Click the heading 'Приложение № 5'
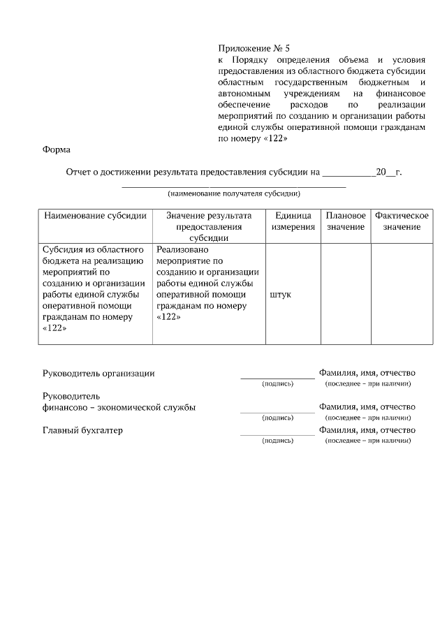(x=254, y=49)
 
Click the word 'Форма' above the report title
(x=57, y=149)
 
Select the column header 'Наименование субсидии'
(x=96, y=216)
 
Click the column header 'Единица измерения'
(x=293, y=221)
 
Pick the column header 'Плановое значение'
(x=346, y=221)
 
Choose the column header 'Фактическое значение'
(x=401, y=221)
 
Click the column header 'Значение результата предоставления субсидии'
(x=209, y=226)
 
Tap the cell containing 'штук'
(x=281, y=294)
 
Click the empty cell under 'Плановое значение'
(x=346, y=293)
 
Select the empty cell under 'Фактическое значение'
(x=401, y=293)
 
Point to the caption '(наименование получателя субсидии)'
(x=234, y=193)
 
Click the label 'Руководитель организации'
(x=98, y=373)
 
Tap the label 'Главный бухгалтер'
(x=83, y=430)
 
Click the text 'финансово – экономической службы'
(x=119, y=407)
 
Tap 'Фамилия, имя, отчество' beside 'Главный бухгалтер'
(x=367, y=430)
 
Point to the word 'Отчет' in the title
(x=79, y=171)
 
